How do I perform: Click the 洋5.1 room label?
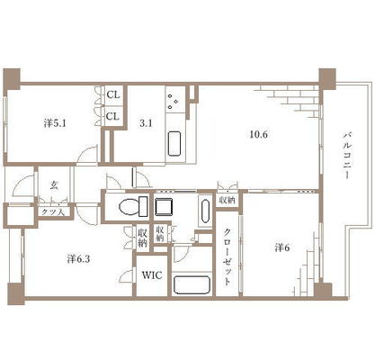[x=55, y=123]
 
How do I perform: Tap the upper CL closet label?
[x=113, y=95]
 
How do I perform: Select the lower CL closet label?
[x=113, y=116]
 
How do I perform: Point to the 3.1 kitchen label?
[x=146, y=123]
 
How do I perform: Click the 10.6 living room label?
[x=258, y=134]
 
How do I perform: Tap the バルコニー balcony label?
[x=347, y=155]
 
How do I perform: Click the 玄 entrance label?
[x=54, y=185]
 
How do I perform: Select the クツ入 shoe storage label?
[x=53, y=211]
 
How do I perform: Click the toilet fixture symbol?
[x=133, y=206]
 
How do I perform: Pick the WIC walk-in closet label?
[x=152, y=274]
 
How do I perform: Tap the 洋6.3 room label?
[x=78, y=259]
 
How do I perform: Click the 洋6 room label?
[x=282, y=247]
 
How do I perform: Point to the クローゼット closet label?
[x=228, y=257]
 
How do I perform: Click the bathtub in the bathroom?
[x=192, y=284]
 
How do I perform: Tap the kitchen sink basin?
[x=174, y=143]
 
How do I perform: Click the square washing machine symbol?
[x=164, y=206]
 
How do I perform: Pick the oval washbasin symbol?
[x=205, y=211]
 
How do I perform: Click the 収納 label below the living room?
[x=228, y=200]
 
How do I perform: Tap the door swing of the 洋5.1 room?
[x=87, y=155]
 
